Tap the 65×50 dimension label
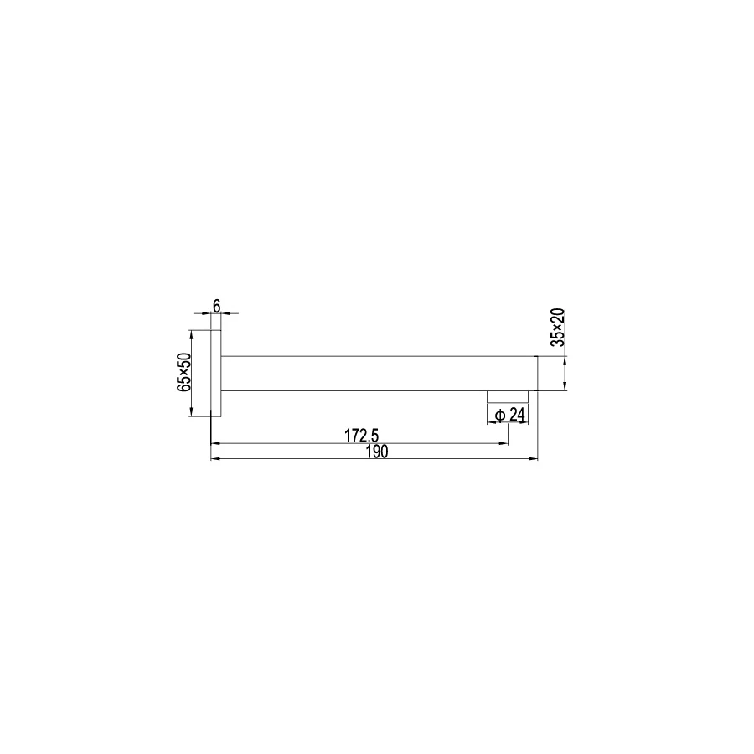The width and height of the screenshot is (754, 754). (x=185, y=372)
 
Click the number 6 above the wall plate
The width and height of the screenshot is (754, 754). (x=216, y=306)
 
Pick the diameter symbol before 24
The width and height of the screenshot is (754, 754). (x=499, y=415)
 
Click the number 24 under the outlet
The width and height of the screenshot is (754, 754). (x=517, y=415)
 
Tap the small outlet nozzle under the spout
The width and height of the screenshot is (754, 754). (x=508, y=396)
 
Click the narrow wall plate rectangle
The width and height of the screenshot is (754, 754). (x=215, y=373)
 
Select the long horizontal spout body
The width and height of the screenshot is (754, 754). (x=377, y=373)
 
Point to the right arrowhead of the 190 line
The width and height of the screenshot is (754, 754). (x=534, y=459)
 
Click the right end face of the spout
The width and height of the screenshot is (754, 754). (x=537, y=373)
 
